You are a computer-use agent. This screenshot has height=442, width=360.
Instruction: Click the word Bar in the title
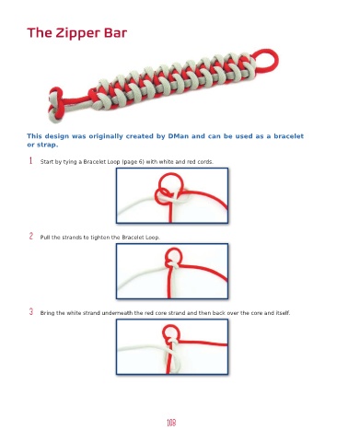(x=115, y=32)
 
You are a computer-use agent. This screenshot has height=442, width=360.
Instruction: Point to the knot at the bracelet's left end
(x=55, y=104)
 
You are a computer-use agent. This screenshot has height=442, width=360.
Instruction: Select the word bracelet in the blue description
(x=288, y=136)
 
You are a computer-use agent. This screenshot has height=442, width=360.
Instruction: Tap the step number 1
(x=30, y=160)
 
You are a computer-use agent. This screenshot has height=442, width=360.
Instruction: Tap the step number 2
(x=31, y=236)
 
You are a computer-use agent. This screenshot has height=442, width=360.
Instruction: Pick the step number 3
(x=31, y=311)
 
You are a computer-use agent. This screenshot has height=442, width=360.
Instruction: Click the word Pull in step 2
(x=45, y=238)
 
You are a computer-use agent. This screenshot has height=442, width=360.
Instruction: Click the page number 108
(x=171, y=423)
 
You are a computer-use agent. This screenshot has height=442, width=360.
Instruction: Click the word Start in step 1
(x=45, y=162)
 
